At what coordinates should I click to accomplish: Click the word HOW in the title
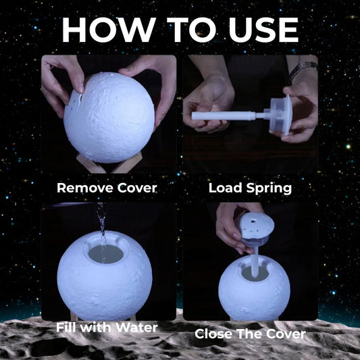coord(109,30)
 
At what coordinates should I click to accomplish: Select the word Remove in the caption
coord(85,188)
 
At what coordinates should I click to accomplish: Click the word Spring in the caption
coord(269,188)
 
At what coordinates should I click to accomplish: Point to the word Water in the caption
coord(137,328)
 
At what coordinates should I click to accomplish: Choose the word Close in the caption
coord(213,334)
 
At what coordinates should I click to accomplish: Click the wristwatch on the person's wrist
coord(303,67)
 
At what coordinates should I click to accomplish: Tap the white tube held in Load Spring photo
coord(223,115)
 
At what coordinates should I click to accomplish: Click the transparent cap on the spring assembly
coord(278,114)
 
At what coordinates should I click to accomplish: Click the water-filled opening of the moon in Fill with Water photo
coord(106,254)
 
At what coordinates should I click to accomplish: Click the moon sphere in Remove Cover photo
coord(109,118)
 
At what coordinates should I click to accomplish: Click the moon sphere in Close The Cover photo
coord(255,288)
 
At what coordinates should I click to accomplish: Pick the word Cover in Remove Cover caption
coord(137,188)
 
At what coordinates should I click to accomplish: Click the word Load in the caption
coord(226,188)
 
